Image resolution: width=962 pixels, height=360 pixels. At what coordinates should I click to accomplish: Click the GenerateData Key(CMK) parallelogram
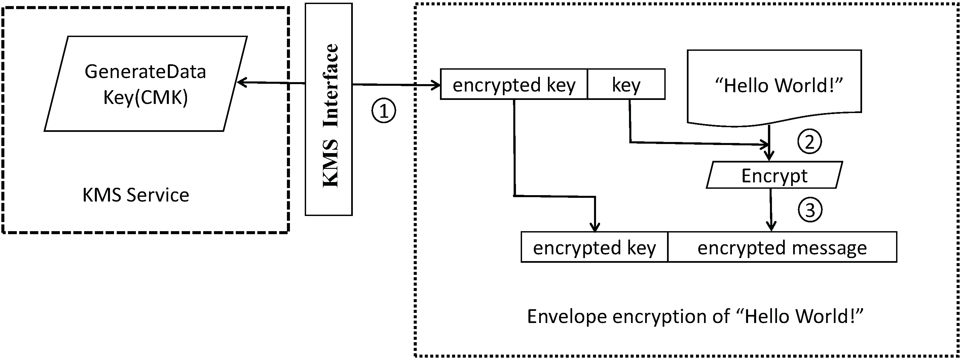(146, 84)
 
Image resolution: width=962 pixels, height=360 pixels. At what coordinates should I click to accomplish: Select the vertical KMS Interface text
(330, 116)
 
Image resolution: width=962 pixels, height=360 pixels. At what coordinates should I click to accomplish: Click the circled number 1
(383, 111)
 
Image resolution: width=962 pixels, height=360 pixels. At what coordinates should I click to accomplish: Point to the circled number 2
(809, 142)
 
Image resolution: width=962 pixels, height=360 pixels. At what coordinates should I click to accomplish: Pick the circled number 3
(810, 210)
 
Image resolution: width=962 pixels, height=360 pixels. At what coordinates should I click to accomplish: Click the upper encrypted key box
(514, 85)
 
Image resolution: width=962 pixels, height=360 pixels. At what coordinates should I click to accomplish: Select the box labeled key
(626, 85)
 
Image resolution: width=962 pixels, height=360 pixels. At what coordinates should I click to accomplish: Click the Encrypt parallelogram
(774, 176)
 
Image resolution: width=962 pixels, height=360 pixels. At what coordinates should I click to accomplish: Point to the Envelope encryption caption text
(695, 316)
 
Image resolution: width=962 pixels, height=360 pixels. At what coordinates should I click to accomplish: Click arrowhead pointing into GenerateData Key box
(241, 82)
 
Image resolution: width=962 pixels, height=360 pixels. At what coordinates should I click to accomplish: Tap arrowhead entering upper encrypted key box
(436, 85)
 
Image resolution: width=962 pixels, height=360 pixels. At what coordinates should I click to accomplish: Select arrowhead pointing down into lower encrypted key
(595, 227)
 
